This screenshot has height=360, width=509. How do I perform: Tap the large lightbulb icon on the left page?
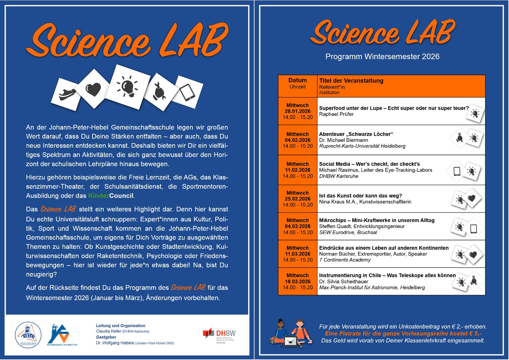tap(129, 85)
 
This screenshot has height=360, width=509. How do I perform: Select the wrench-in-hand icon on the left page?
tap(159, 91)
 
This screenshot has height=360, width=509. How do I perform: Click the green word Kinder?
tap(99, 196)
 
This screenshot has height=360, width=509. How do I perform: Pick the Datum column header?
tap(297, 80)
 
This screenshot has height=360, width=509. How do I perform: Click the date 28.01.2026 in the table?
tap(297, 111)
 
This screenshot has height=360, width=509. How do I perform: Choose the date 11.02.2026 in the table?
tap(297, 170)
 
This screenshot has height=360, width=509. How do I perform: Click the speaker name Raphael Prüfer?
tap(336, 114)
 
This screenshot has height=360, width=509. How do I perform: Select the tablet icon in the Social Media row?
tap(457, 171)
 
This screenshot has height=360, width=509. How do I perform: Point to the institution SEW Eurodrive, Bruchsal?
tap(348, 232)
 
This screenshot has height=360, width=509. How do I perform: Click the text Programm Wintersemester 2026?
tap(382, 56)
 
